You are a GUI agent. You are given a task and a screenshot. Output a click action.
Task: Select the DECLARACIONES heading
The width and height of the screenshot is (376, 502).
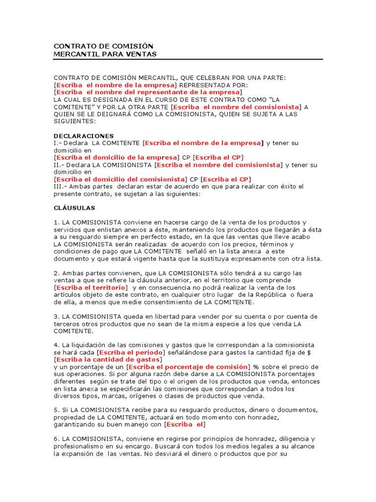(x=83, y=136)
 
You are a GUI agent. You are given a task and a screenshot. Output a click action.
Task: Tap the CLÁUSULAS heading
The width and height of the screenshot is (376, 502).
(x=74, y=208)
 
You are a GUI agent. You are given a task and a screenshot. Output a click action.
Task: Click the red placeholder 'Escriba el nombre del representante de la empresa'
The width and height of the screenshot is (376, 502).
(x=147, y=92)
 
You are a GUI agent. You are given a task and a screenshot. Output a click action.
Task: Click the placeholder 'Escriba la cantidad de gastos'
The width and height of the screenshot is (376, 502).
(x=108, y=359)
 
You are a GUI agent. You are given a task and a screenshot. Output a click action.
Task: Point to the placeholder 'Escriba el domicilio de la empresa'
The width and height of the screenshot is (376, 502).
(x=116, y=157)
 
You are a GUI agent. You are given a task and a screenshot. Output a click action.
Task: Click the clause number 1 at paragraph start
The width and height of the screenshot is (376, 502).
(x=55, y=223)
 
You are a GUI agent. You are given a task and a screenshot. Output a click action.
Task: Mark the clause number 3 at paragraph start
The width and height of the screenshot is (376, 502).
(x=55, y=316)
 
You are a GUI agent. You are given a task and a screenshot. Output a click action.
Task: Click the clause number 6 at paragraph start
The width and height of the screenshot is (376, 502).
(x=55, y=439)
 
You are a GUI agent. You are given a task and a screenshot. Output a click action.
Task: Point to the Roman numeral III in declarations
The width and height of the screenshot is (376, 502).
(x=58, y=186)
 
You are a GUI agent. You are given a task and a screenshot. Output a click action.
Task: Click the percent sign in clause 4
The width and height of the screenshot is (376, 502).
(x=256, y=367)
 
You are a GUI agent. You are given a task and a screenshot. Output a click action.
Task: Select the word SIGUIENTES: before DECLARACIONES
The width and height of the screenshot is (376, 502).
(x=75, y=121)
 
